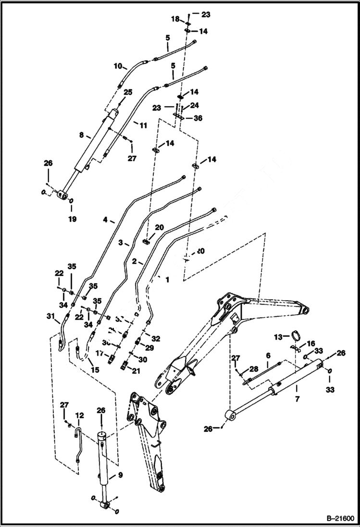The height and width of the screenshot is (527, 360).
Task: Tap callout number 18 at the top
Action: pyautogui.click(x=176, y=19)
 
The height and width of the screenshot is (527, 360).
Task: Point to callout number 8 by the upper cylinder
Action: pyautogui.click(x=81, y=136)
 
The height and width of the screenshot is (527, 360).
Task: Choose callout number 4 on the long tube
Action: pyautogui.click(x=105, y=221)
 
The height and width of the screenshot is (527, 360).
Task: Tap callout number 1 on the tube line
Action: pyautogui.click(x=167, y=279)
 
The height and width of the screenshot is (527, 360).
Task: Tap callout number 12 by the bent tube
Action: pyautogui.click(x=79, y=415)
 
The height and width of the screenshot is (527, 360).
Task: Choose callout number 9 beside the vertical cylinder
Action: pyautogui.click(x=120, y=476)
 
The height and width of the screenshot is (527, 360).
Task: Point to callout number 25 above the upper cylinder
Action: pyautogui.click(x=127, y=92)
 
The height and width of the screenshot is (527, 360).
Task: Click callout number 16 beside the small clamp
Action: pyautogui.click(x=310, y=343)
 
